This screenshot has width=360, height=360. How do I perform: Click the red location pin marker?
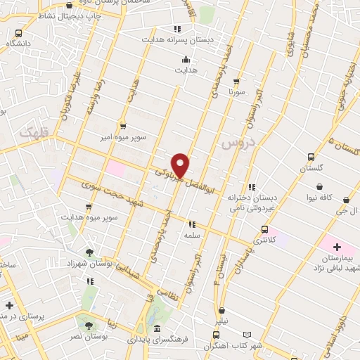[x=181, y=165]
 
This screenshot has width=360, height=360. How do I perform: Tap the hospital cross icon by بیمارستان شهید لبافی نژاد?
[x=337, y=247]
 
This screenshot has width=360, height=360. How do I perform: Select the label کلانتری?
[x=264, y=240]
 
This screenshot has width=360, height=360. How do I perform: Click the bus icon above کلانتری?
[x=264, y=229]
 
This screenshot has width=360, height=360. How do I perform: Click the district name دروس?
[x=236, y=143]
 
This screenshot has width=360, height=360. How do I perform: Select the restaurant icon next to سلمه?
[x=191, y=224]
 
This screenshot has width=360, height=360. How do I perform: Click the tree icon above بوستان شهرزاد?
[x=89, y=251]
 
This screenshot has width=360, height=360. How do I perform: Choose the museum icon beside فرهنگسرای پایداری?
[x=156, y=328]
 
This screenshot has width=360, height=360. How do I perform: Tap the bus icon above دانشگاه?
[x=18, y=33]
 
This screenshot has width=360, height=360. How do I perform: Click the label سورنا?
[x=236, y=92]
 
